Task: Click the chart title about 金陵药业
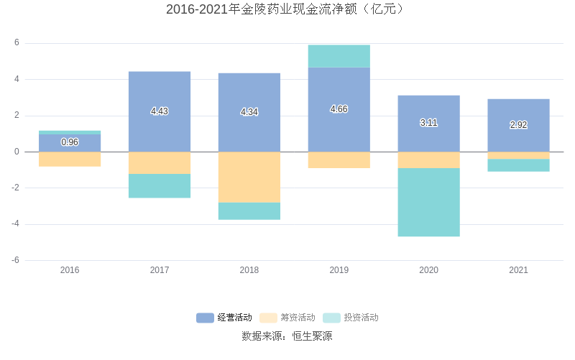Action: coord(287,9)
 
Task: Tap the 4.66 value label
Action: coord(339,109)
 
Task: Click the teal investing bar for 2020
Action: coord(428,202)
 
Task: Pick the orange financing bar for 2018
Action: coord(249,177)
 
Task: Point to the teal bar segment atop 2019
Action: coord(339,56)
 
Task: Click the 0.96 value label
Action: coord(70,142)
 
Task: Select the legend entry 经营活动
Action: coord(224,318)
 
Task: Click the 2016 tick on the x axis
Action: coord(70,270)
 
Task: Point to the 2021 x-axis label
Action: coord(518,270)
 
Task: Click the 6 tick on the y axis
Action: coord(17,43)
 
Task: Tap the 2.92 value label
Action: coord(518,125)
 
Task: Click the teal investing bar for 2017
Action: coord(160,185)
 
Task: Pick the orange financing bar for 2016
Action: coord(70,159)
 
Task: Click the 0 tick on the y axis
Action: coord(17,152)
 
